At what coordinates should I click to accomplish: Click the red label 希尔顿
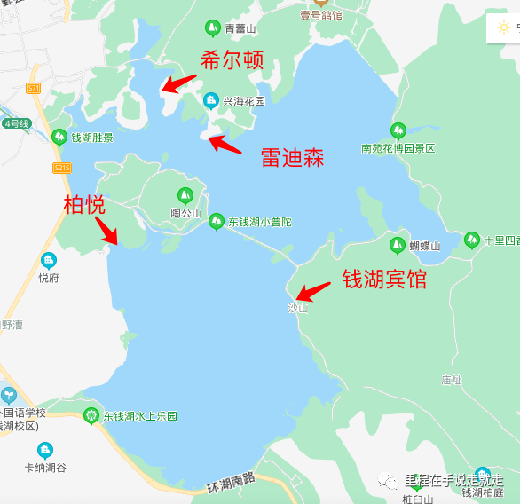(233, 61)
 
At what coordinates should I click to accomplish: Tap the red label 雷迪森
(292, 158)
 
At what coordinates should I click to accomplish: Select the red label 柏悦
(84, 205)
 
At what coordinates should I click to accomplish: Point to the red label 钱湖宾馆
(384, 280)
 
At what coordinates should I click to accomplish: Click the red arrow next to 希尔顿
(178, 84)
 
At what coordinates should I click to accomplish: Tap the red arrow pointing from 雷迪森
(225, 144)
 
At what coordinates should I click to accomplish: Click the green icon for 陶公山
(185, 196)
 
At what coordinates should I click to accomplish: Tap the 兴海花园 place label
(243, 101)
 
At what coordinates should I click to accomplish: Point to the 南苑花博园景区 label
(398, 148)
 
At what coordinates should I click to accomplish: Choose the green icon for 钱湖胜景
(59, 137)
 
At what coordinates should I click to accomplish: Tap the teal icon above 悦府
(48, 260)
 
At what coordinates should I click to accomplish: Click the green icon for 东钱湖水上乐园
(91, 414)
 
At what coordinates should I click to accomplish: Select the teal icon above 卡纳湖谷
(45, 450)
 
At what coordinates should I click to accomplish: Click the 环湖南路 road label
(232, 482)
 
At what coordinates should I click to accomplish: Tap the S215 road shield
(61, 168)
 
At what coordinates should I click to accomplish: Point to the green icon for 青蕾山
(212, 28)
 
